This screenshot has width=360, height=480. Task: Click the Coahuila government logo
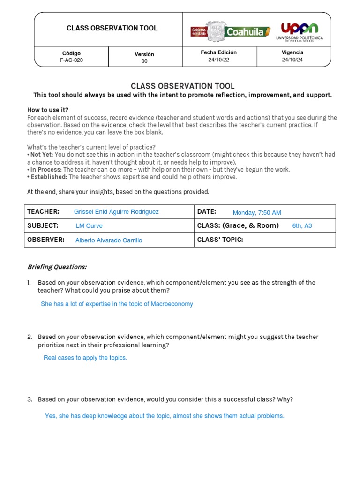click(230, 31)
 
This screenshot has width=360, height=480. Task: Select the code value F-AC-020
click(71, 60)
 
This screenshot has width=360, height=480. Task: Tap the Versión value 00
click(144, 61)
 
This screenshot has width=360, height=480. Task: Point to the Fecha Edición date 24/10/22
click(219, 60)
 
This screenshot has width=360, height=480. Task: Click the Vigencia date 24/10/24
click(292, 60)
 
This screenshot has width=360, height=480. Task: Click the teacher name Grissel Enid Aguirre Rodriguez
click(116, 212)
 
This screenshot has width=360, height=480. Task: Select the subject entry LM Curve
click(89, 226)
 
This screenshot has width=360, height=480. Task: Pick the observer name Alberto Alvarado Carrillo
click(109, 240)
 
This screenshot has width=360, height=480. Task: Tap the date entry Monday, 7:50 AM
click(257, 213)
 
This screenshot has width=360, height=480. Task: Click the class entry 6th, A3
click(302, 226)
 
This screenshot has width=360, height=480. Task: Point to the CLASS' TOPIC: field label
click(220, 240)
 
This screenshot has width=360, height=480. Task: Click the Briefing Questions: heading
click(57, 267)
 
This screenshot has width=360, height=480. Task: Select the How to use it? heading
click(48, 110)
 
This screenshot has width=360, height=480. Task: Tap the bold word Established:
click(49, 177)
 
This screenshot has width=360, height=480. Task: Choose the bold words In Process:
click(46, 170)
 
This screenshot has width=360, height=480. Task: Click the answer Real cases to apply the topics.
click(85, 358)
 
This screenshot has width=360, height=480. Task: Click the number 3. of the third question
click(30, 399)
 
